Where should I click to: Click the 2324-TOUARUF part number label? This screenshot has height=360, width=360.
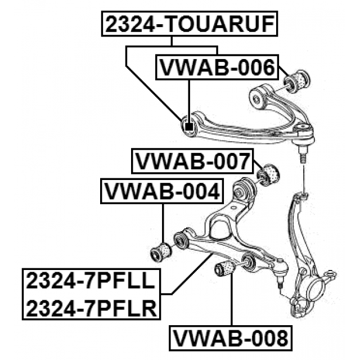190,24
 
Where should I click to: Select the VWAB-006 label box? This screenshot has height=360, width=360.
217,67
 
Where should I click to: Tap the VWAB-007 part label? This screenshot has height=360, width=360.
192,161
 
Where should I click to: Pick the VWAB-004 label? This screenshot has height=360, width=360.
162,191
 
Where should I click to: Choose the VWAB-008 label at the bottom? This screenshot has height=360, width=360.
231,338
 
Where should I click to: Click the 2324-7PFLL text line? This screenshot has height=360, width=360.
91,281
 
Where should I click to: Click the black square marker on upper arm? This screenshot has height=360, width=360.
189,127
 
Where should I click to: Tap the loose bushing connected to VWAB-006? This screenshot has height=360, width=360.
297,81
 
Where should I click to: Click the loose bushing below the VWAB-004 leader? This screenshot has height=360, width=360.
161,252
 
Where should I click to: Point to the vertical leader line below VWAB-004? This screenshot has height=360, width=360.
163,223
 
